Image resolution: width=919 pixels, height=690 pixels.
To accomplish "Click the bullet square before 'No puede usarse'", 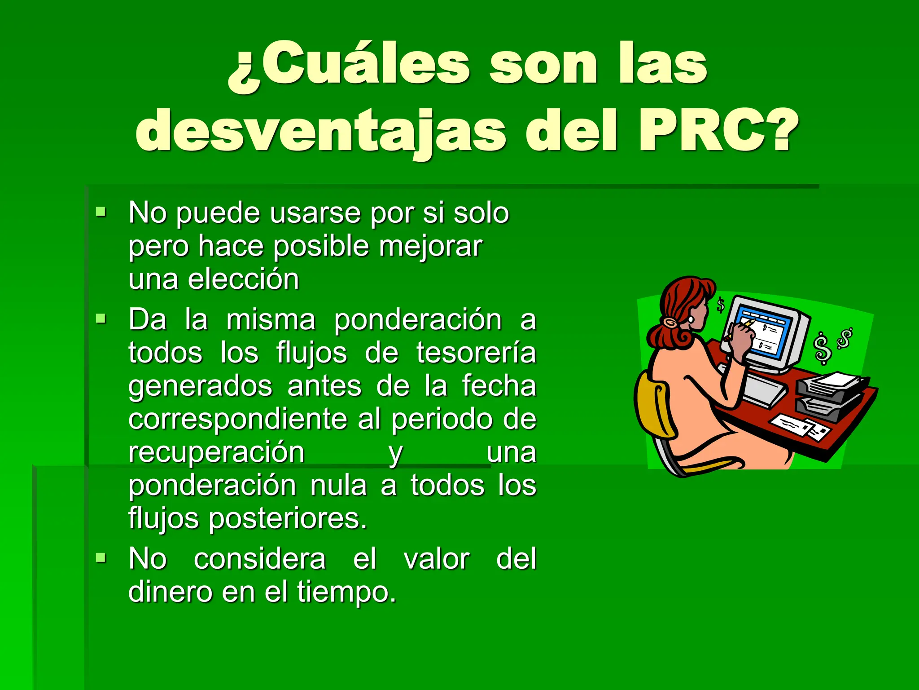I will pos(101,211).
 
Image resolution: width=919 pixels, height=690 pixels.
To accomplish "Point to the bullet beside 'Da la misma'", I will pos(101,319).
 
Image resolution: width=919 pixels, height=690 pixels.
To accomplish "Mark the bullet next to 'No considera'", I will pos(101,558).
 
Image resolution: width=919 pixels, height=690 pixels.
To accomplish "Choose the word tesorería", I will pos(476,353).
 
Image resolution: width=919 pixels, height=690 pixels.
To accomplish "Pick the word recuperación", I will pos(216,452).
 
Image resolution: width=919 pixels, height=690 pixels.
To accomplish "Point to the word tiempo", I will pos(346,592).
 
